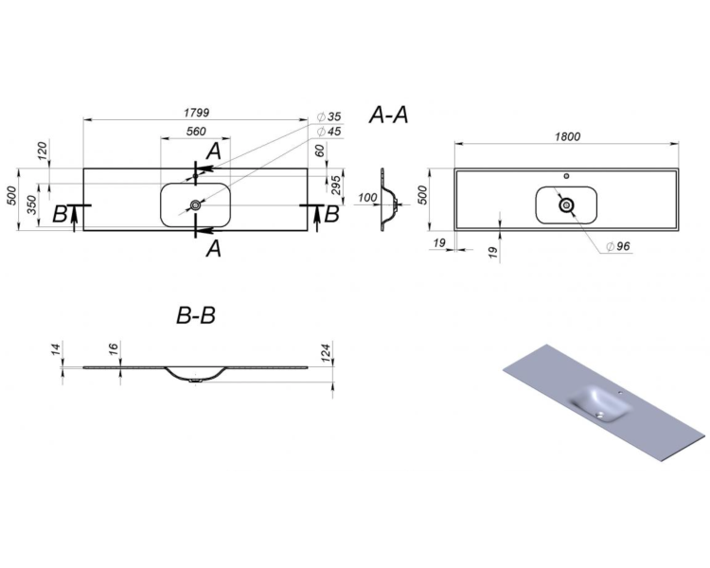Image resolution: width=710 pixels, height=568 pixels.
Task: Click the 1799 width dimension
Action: (197, 112)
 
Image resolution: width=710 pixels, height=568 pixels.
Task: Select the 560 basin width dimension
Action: (196, 132)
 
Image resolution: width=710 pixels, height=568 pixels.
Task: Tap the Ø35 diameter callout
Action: (329, 116)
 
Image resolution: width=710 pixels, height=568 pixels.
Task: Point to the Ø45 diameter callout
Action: (329, 132)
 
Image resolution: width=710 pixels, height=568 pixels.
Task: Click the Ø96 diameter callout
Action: (618, 246)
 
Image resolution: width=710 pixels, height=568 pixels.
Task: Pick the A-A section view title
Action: (388, 115)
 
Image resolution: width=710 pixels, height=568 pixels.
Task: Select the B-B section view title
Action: (196, 315)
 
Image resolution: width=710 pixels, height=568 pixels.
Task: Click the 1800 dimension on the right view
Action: (567, 136)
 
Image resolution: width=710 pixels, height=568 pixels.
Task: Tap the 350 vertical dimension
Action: (31, 205)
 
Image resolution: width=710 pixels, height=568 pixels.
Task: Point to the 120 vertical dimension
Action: (42, 151)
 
